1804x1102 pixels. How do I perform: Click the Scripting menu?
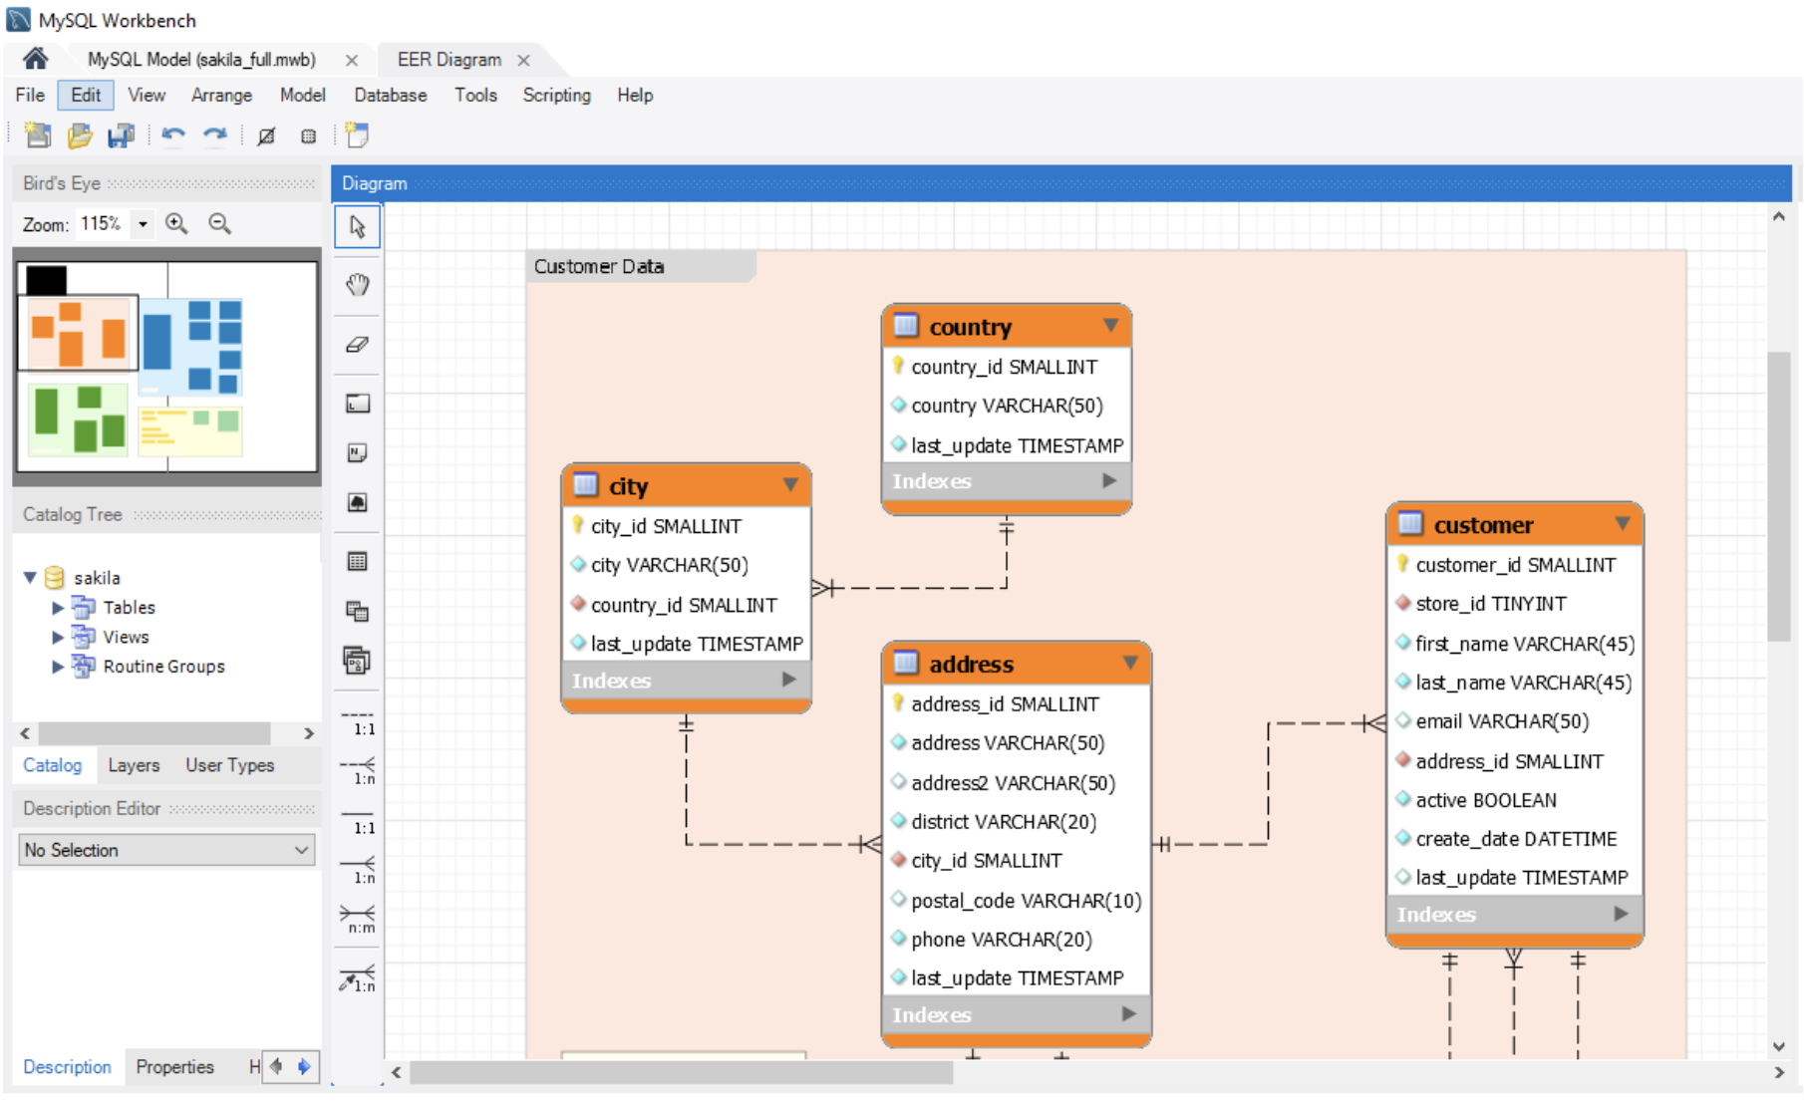[556, 95]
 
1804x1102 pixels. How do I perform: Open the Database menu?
[390, 95]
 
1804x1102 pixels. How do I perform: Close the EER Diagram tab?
[523, 61]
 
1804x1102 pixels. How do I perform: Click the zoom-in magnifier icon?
[176, 223]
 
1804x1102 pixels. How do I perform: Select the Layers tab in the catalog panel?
[134, 765]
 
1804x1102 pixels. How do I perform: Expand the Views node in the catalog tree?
[58, 637]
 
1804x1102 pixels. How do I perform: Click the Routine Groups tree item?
[163, 667]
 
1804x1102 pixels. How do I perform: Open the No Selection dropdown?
[166, 850]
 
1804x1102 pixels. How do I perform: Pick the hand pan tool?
[357, 285]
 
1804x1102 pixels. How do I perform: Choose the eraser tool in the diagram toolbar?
[357, 345]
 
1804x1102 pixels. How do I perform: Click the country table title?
[970, 327]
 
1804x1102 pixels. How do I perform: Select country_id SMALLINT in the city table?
[684, 605]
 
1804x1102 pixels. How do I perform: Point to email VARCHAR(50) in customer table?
[1502, 721]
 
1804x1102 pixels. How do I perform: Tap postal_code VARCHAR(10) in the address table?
[1026, 901]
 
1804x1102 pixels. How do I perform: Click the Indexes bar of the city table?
[686, 681]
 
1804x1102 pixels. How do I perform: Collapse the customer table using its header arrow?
[1622, 524]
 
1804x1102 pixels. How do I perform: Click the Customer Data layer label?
[598, 266]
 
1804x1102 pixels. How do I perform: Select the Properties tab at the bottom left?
[174, 1067]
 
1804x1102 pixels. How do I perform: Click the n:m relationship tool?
[358, 918]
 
